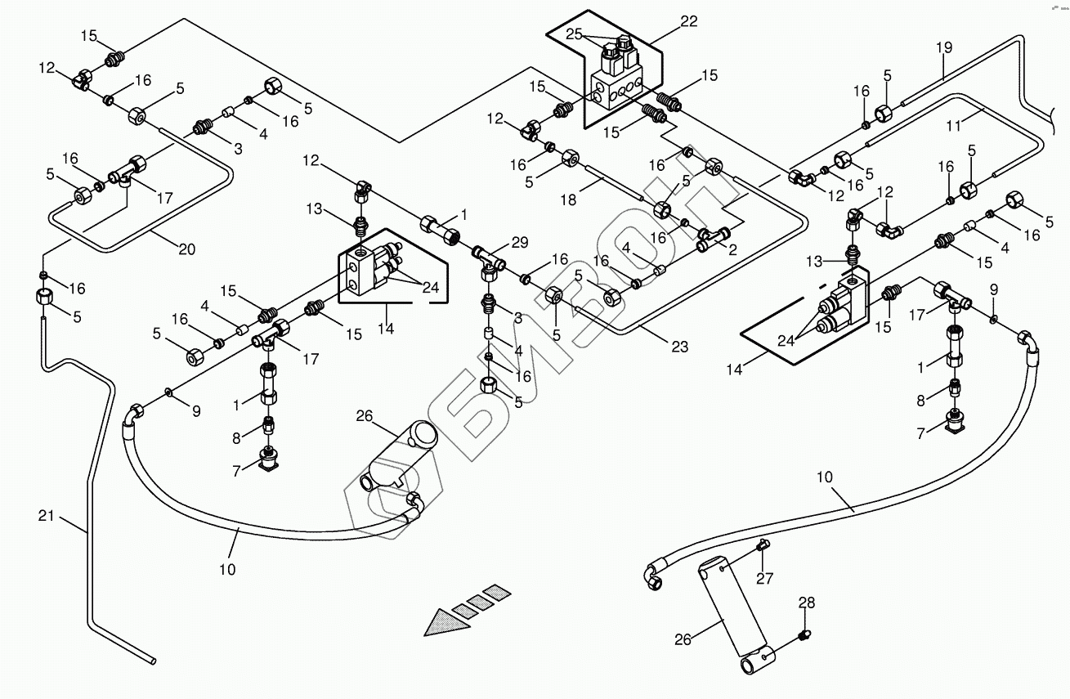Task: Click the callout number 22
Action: [688, 22]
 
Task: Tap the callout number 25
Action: [574, 34]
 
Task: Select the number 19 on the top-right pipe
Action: [944, 47]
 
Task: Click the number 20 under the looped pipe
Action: [186, 249]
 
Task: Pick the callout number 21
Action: [47, 515]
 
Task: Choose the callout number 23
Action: [679, 347]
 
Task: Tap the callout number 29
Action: [520, 242]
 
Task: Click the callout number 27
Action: [764, 580]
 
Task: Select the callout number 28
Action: [807, 603]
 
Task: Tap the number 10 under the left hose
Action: [226, 569]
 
